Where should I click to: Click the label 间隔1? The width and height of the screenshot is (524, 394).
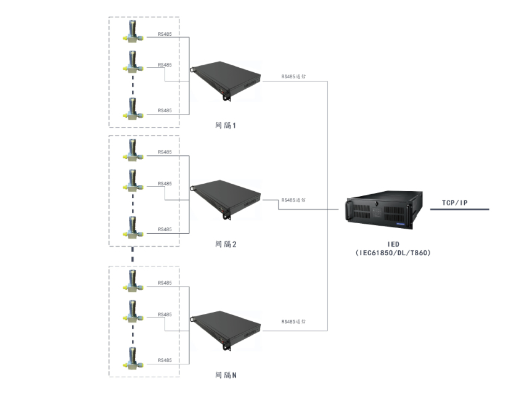226,125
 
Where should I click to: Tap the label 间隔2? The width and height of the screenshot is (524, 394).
226,244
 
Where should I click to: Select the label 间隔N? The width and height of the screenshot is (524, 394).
226,374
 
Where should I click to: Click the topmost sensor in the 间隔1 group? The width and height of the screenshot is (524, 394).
132,31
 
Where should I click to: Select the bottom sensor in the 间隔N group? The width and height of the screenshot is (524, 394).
132,358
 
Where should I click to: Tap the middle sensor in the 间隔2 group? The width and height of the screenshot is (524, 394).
132,181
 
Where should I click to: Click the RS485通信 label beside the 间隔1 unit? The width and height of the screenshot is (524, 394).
293,77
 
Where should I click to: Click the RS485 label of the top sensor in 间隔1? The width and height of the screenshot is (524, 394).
165,34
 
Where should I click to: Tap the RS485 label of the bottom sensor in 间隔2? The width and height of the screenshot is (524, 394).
165,229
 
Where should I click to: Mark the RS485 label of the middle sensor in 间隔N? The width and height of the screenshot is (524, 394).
165,314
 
